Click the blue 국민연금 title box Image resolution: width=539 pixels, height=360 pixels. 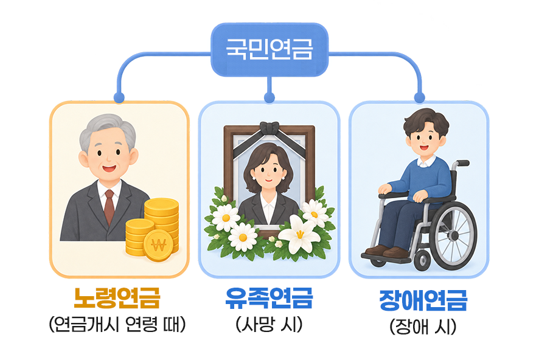point(269,49)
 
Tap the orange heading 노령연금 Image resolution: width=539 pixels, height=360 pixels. point(117,297)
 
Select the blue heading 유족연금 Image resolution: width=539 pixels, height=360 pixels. point(269,297)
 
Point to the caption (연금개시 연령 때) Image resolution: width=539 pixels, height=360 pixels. point(117,324)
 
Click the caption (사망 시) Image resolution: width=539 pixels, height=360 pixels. point(269,324)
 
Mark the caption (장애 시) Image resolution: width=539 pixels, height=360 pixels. point(423,327)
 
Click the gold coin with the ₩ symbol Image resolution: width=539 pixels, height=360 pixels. point(158,245)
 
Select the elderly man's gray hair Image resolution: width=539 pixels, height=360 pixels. point(106,129)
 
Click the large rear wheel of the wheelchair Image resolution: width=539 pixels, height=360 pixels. point(454,235)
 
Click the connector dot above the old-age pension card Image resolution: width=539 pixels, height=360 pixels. point(119,97)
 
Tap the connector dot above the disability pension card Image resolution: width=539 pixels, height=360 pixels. point(419,97)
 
